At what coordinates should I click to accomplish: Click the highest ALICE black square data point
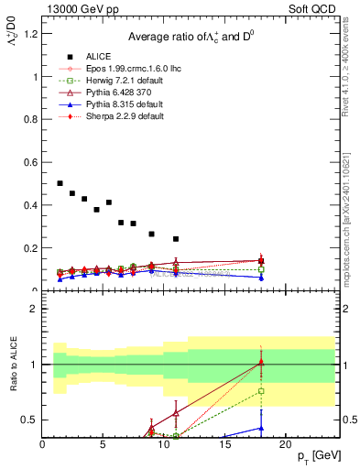60,183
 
